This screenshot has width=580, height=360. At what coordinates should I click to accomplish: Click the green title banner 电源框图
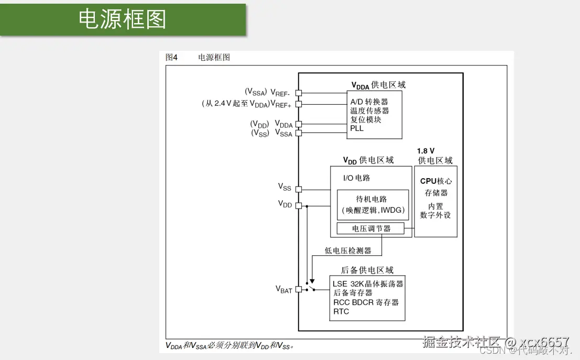click(123, 19)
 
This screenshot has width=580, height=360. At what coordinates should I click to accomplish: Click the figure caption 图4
click(171, 58)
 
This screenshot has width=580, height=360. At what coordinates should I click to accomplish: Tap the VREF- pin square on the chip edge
click(299, 93)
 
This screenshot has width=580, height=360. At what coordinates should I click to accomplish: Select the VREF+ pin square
click(299, 104)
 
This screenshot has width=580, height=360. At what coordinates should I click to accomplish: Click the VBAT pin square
click(299, 289)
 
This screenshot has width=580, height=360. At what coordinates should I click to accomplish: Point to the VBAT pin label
click(284, 290)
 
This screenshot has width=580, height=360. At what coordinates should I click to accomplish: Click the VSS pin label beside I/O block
click(284, 187)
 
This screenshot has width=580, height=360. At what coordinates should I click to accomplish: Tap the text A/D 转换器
click(369, 102)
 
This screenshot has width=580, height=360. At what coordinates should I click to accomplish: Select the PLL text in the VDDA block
click(357, 128)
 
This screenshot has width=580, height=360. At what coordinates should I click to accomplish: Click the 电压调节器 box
click(371, 229)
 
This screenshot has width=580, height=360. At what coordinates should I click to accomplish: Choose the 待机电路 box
click(373, 204)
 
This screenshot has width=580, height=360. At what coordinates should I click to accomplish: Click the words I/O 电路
click(356, 178)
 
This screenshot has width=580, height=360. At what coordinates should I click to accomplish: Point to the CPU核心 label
click(435, 181)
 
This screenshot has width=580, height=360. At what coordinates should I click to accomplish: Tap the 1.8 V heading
click(425, 151)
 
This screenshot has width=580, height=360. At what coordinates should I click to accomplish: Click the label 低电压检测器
click(348, 251)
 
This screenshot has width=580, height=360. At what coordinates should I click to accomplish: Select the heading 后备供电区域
click(367, 270)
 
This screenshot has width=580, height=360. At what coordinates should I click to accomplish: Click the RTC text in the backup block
click(341, 312)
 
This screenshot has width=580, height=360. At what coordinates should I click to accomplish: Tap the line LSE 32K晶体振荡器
click(368, 284)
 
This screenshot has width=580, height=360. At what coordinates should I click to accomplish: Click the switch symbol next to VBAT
click(310, 287)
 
